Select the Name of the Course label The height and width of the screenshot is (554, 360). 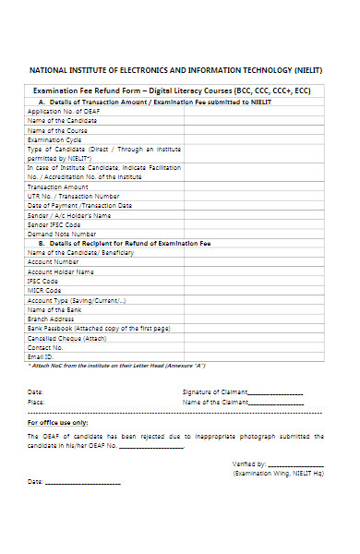[x=56, y=130]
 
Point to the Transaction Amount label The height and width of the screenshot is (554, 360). [x=58, y=187]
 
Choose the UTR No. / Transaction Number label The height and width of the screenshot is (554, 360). [x=73, y=196]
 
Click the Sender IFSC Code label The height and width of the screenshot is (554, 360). [x=54, y=224]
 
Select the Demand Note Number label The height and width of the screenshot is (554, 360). [x=61, y=235]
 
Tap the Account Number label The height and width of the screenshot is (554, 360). [x=54, y=262]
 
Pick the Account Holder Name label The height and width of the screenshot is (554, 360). [x=60, y=272]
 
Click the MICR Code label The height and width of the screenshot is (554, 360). [x=46, y=291]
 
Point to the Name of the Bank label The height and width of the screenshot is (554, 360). [x=54, y=309]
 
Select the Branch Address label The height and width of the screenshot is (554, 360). [x=52, y=319]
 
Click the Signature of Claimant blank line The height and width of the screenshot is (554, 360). [x=277, y=392]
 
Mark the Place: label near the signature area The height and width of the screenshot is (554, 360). [x=36, y=403]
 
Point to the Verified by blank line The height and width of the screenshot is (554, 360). [x=295, y=464]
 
